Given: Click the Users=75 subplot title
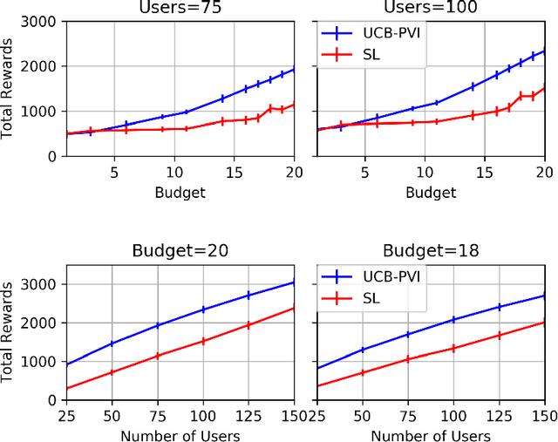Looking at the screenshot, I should pos(181,8).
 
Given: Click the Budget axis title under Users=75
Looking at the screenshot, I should pos(181,192).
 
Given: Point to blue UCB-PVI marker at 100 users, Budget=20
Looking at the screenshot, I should pos(203,309).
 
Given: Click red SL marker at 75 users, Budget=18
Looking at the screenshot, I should pos(407,359).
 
